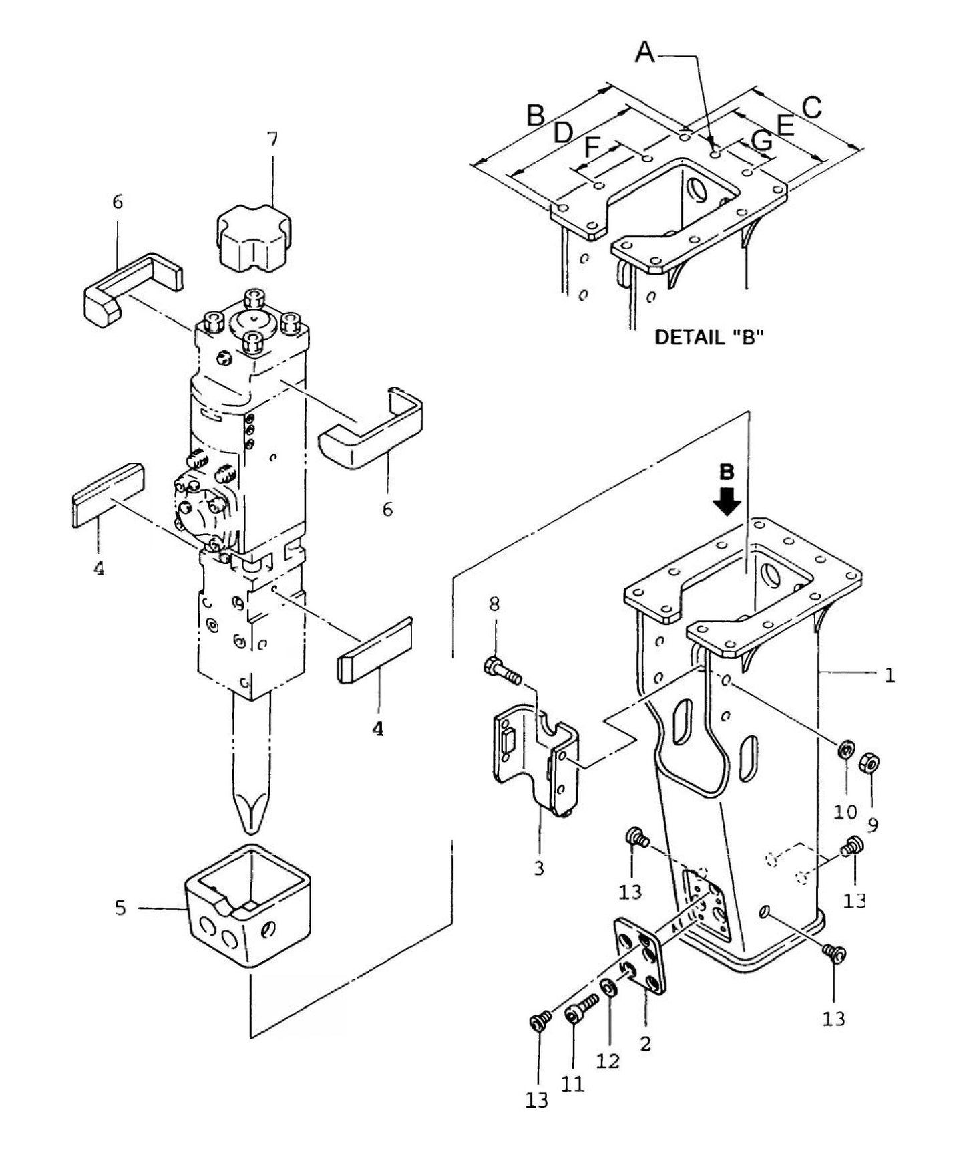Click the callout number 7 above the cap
[x=272, y=139]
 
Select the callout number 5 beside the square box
[x=120, y=908]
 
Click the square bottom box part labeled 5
[x=247, y=909]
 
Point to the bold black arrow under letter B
[x=727, y=500]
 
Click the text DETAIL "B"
[x=709, y=337]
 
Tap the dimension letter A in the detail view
[x=645, y=51]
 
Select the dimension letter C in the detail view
[x=812, y=107]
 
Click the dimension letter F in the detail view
[x=592, y=147]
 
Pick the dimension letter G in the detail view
[x=762, y=140]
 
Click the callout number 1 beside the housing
[x=889, y=676]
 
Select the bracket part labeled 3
[x=534, y=762]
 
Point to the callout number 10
[x=845, y=811]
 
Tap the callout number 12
[x=608, y=1061]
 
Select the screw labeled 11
[x=582, y=1009]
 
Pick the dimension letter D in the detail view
[x=563, y=132]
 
